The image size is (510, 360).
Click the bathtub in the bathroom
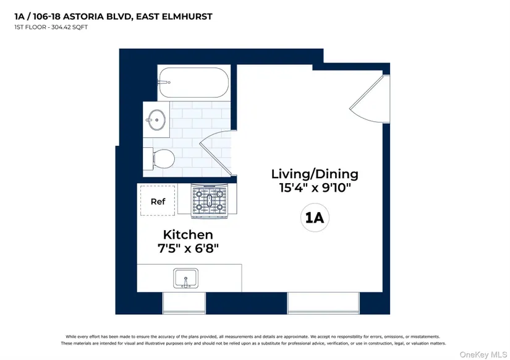(x=194, y=82)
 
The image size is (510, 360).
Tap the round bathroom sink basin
(x=157, y=120)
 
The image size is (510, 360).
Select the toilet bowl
(x=164, y=159)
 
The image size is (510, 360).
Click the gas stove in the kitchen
(x=209, y=201)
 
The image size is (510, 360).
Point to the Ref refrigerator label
(x=158, y=202)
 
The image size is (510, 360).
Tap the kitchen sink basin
(x=185, y=278)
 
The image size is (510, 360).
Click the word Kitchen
(x=188, y=234)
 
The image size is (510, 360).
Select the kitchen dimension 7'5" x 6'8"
(x=188, y=249)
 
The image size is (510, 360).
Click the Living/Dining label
(x=315, y=174)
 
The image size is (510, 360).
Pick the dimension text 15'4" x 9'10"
(x=315, y=188)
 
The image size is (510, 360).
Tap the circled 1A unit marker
(x=315, y=218)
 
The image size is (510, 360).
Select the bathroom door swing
(x=215, y=153)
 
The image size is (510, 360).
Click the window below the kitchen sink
(x=184, y=303)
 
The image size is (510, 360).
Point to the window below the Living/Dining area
(x=323, y=303)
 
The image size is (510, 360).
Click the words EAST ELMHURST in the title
(x=174, y=16)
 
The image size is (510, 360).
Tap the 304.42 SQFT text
(x=69, y=27)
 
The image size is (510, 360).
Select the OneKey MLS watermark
(x=483, y=354)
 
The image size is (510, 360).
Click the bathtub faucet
(x=164, y=82)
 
